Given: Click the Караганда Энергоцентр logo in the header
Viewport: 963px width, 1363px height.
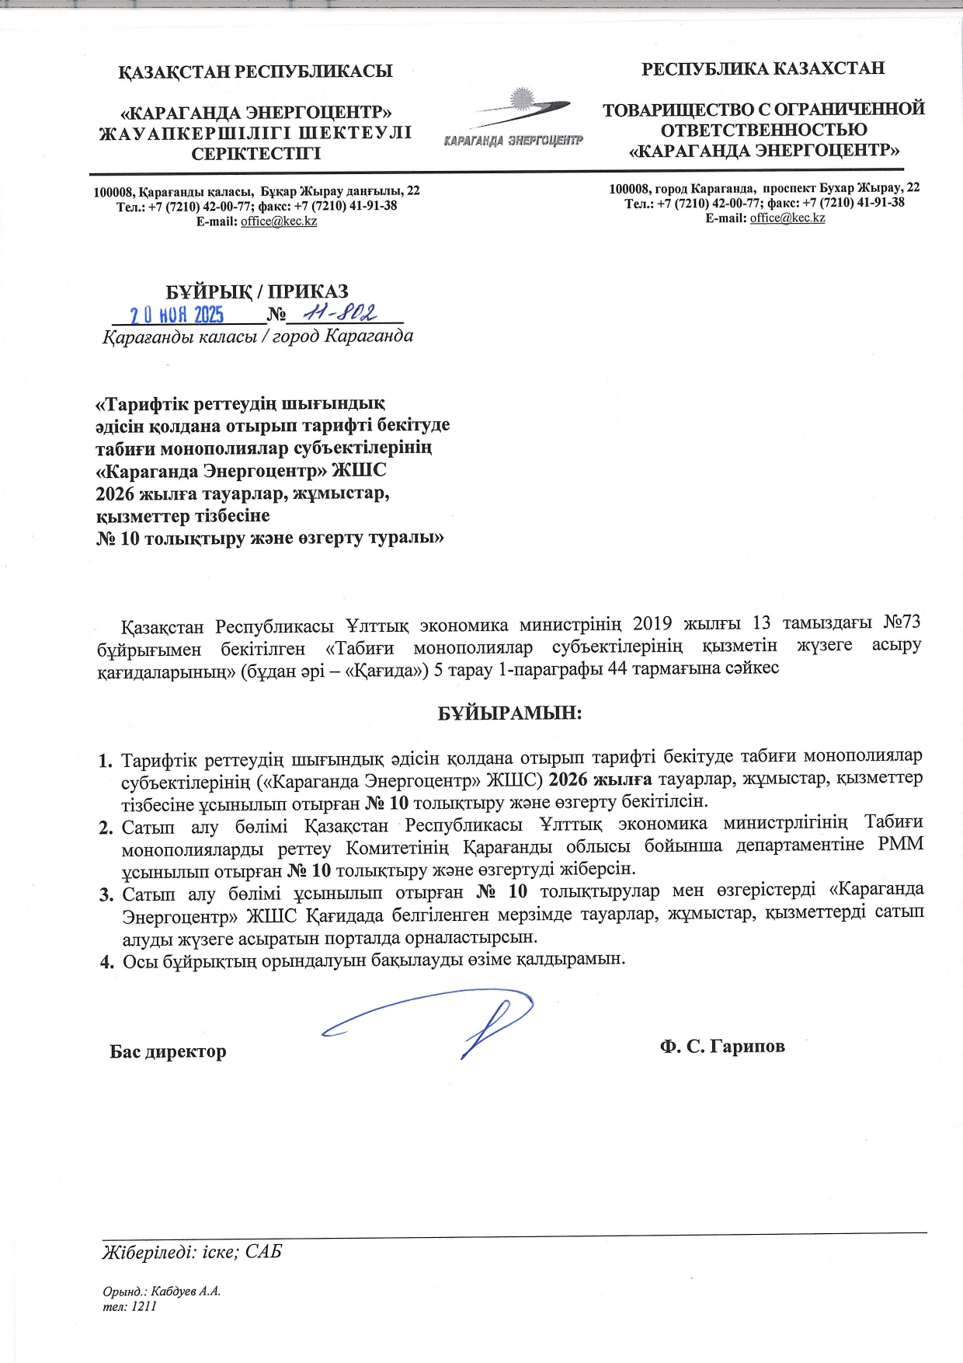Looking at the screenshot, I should (513, 120).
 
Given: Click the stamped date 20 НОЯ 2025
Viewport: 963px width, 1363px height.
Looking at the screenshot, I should (176, 314).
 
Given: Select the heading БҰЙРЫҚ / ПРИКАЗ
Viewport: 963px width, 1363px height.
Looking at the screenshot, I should (257, 291).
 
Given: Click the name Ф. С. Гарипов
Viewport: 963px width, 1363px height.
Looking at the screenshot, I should (722, 1046).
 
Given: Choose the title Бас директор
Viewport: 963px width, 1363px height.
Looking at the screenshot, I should (168, 1051).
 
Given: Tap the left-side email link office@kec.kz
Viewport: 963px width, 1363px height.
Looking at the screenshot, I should (279, 221).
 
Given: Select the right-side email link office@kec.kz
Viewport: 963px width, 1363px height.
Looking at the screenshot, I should (787, 218).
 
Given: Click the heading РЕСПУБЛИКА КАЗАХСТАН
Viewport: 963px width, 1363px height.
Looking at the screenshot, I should (763, 68).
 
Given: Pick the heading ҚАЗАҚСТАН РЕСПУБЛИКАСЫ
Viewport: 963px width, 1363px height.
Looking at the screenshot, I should (256, 72).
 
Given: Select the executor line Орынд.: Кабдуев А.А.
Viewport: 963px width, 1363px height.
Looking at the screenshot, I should (162, 1292).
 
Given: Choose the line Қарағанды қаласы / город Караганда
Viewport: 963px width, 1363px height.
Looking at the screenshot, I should (258, 336).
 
